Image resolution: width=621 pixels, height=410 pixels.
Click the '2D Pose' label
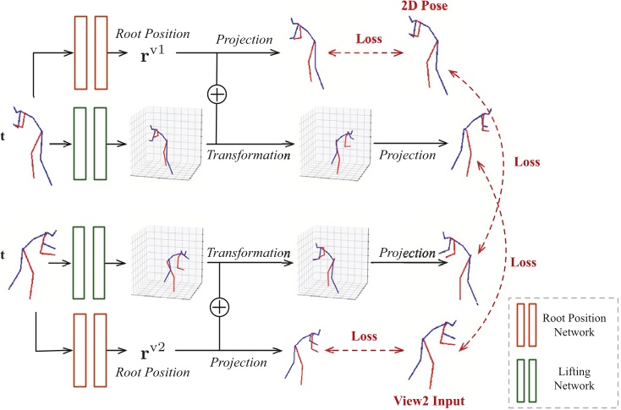[431, 7]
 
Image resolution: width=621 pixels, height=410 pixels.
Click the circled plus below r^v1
[217, 94]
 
